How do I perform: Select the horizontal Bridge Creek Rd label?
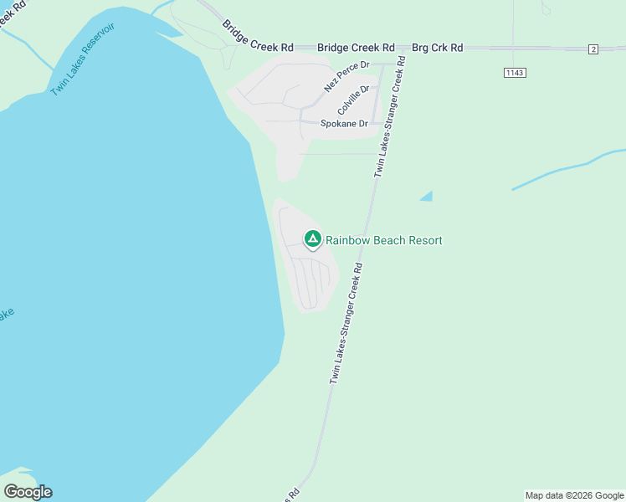[x=356, y=48]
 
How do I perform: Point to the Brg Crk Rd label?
[x=437, y=48]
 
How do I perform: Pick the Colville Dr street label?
[x=353, y=100]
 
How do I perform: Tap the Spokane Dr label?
[x=344, y=123]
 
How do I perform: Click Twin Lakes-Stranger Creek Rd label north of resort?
[x=390, y=117]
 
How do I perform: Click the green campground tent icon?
[x=312, y=239]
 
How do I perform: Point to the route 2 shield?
[x=593, y=49]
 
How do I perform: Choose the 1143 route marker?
[x=515, y=73]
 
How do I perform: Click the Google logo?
[x=28, y=492]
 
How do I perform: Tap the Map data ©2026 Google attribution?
[x=575, y=495]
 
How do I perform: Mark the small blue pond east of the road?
[x=427, y=197]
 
